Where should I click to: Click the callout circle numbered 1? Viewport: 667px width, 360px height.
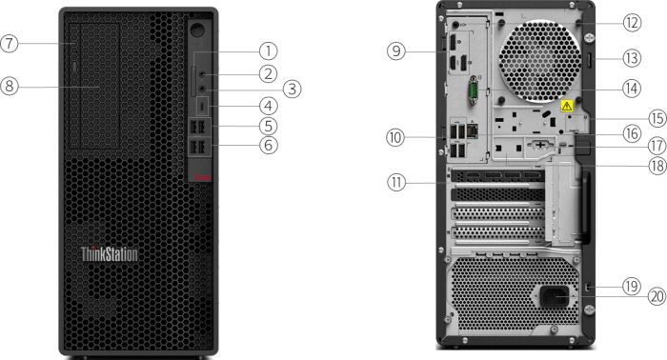(x=269, y=51)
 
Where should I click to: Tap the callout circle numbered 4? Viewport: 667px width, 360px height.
(x=269, y=107)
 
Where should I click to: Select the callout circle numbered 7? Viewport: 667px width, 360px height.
(x=9, y=44)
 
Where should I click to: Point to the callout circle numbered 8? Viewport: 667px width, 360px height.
(x=9, y=87)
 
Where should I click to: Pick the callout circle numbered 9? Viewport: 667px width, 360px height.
(x=396, y=51)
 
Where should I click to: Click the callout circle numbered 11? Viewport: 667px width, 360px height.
(x=396, y=183)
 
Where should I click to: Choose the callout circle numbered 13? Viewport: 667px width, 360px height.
(x=632, y=58)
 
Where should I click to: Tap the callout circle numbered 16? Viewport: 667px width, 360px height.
(x=632, y=133)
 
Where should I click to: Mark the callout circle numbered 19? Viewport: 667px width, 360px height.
(x=632, y=286)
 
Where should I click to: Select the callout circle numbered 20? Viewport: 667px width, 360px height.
(x=657, y=296)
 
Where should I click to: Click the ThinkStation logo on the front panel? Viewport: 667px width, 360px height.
(x=110, y=254)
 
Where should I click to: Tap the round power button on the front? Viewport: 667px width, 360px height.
(x=197, y=30)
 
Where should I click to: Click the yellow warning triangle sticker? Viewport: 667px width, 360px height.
(x=567, y=106)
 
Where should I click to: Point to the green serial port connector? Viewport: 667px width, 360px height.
(x=473, y=90)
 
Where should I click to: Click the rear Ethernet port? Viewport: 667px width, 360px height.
(x=473, y=130)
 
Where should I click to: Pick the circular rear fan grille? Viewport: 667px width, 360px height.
(x=539, y=62)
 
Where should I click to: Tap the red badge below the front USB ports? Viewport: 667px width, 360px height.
(x=202, y=178)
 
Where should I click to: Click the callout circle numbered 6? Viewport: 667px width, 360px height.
(x=269, y=145)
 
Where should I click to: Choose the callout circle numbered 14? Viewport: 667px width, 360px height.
(x=632, y=89)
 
